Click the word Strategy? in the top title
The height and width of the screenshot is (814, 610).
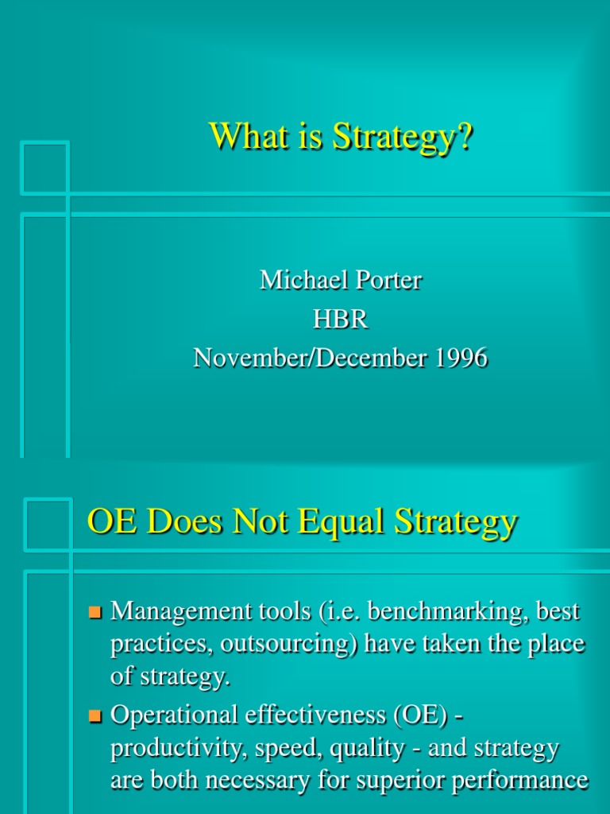click(x=403, y=137)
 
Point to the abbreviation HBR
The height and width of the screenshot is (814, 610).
click(x=341, y=319)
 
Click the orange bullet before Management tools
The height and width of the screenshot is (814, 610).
click(x=96, y=613)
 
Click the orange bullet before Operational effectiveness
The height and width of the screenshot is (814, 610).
click(x=96, y=716)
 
